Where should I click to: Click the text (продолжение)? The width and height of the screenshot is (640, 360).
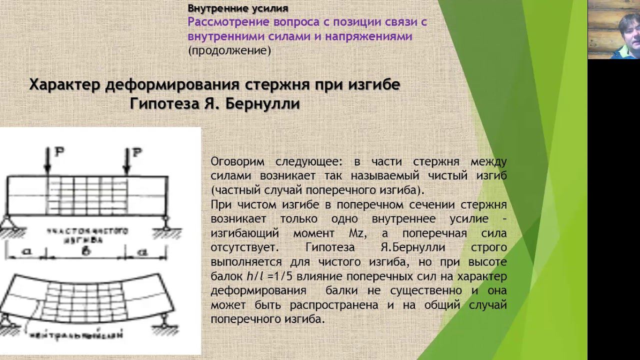[229, 50]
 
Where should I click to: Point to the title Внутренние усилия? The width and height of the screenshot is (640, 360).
[237, 8]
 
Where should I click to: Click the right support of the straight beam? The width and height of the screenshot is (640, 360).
[165, 223]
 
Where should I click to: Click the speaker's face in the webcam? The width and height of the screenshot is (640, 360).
[626, 30]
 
